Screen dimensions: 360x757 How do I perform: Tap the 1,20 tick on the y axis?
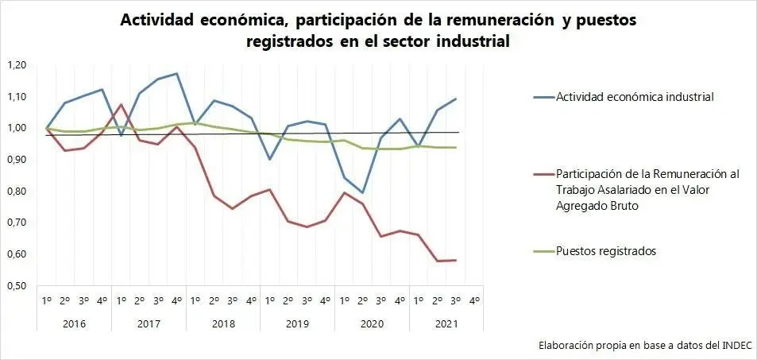[x=16, y=64]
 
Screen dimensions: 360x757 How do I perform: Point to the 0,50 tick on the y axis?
[x=16, y=285]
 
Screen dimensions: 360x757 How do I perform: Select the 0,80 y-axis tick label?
[x=16, y=191]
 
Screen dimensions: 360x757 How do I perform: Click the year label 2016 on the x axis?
[x=74, y=323]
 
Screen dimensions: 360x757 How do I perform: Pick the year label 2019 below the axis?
[x=297, y=323]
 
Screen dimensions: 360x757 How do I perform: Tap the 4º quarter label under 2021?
[x=474, y=300]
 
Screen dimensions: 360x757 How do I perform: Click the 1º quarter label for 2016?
[x=47, y=300]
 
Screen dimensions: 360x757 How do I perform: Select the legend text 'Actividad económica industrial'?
[x=635, y=98]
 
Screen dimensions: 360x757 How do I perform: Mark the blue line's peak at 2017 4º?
[x=176, y=74]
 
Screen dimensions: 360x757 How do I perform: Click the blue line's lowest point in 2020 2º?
[x=363, y=193]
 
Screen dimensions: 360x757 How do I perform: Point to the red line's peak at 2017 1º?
[x=121, y=104]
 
